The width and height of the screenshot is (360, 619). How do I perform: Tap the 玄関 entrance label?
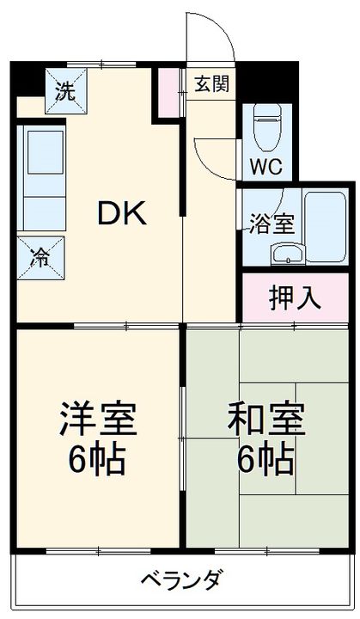(x=211, y=83)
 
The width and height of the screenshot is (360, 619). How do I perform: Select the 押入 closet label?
(x=295, y=297)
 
